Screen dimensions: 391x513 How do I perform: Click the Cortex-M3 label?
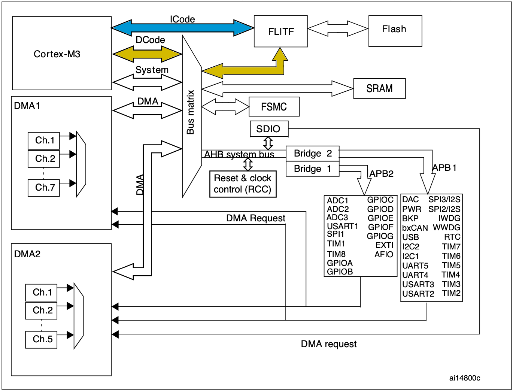click(57, 54)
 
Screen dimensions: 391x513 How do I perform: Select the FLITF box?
click(281, 31)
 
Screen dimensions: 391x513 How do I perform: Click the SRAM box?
click(379, 89)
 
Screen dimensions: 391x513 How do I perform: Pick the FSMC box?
click(274, 107)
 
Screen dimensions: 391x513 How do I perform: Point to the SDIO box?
click(269, 129)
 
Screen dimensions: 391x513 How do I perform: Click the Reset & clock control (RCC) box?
click(243, 184)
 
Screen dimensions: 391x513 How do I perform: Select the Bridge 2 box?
click(312, 153)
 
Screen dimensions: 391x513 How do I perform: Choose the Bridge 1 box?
click(312, 169)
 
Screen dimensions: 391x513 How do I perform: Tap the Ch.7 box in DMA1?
click(44, 188)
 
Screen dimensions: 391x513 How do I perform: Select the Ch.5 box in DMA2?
click(41, 339)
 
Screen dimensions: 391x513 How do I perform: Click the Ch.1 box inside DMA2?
click(41, 293)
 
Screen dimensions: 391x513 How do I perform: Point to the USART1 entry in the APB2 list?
click(342, 226)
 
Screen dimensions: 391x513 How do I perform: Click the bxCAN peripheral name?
click(415, 228)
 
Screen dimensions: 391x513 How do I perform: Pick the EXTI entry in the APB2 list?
click(384, 245)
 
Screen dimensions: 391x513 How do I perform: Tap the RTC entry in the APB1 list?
click(452, 237)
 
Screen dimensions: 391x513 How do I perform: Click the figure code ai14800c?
click(464, 378)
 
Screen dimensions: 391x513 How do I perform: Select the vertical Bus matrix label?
click(191, 112)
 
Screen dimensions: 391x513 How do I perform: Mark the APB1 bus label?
click(444, 168)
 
